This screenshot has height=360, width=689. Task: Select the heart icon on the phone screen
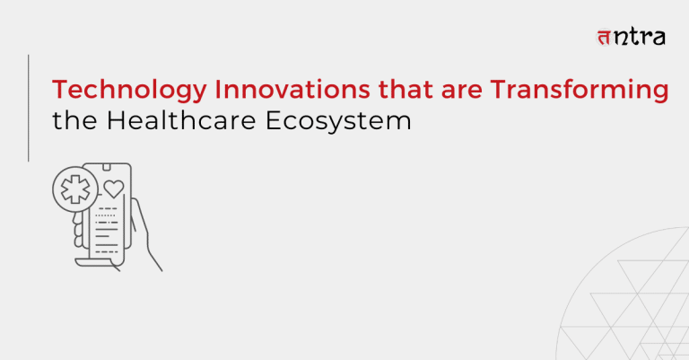pos(113,189)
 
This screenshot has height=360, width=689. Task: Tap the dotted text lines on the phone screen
pos(106,216)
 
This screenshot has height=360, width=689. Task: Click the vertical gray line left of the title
pos(30,107)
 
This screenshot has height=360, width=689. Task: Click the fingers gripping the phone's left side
pos(79,233)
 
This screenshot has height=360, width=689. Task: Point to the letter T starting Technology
pos(58,91)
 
